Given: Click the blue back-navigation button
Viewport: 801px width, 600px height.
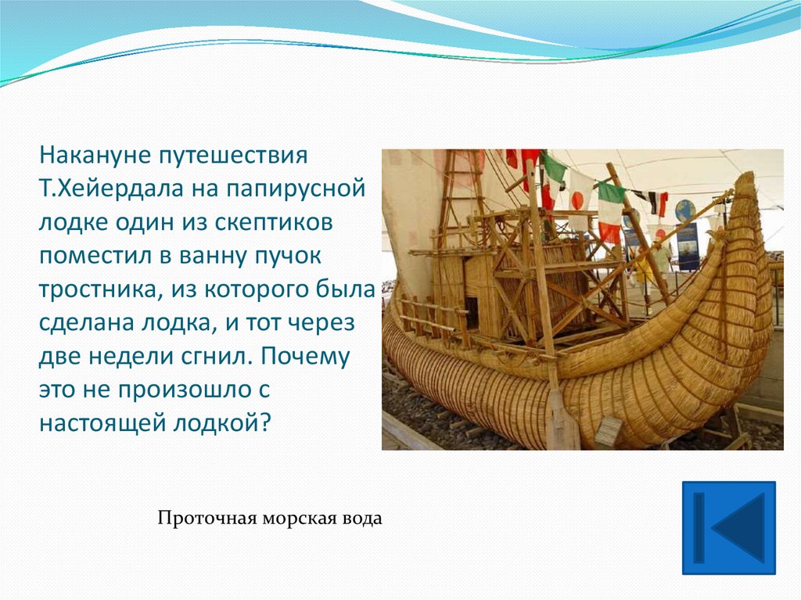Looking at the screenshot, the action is (729, 528).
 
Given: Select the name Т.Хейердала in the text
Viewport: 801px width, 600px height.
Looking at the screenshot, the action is (111, 189).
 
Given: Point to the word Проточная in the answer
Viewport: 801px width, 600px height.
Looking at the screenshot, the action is (206, 519).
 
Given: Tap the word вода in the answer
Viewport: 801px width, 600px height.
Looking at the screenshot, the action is (361, 519).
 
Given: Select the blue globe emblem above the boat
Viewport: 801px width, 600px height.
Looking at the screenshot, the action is (685, 210).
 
